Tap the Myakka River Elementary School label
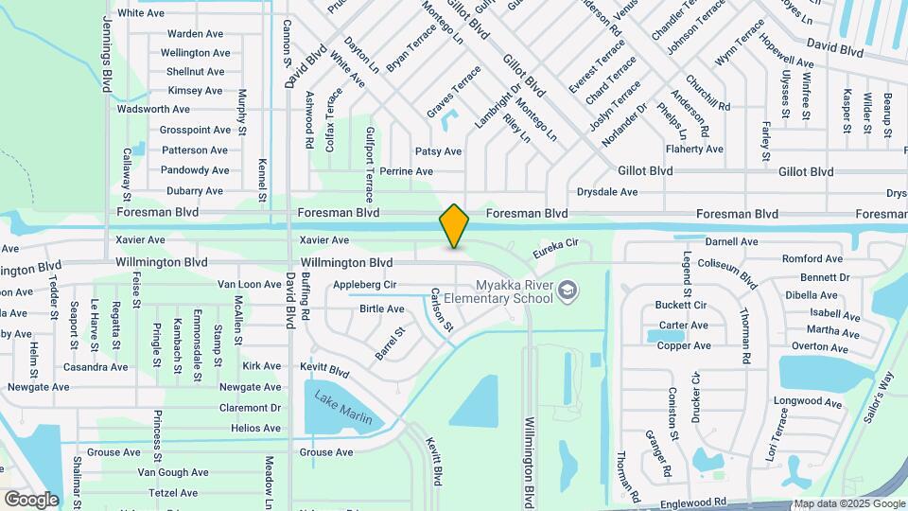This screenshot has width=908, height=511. (514, 291)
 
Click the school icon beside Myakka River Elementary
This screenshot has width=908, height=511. (567, 291)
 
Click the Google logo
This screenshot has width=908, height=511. (31, 500)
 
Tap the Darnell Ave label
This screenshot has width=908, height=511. (732, 242)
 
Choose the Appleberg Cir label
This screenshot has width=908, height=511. (364, 284)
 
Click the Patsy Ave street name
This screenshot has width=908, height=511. (438, 151)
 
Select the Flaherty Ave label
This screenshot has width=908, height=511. (694, 150)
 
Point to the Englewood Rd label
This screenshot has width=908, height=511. (693, 502)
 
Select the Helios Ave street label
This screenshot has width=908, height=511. (255, 429)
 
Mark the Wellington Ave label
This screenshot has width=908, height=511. (196, 53)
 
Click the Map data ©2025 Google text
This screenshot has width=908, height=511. (848, 503)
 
